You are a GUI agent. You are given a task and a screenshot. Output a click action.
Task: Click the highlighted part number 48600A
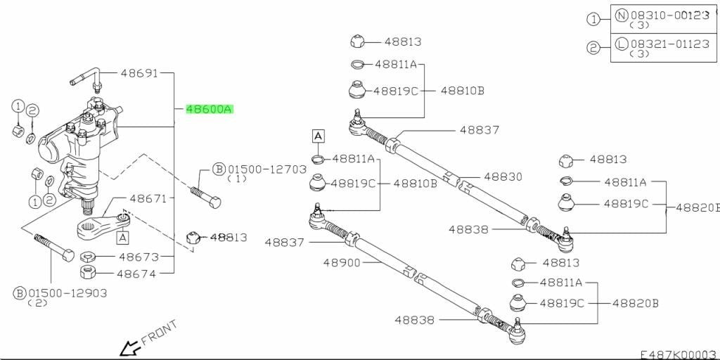click(210, 109)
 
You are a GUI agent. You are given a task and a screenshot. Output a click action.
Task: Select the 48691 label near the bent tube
click(139, 73)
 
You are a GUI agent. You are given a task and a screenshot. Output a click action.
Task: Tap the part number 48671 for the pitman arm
click(148, 199)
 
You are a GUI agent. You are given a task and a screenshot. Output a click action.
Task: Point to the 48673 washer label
click(137, 256)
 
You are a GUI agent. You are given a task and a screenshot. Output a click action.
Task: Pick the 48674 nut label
click(137, 274)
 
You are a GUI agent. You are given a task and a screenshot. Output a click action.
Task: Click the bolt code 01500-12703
click(266, 169)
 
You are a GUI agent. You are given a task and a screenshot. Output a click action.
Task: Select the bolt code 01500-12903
click(67, 293)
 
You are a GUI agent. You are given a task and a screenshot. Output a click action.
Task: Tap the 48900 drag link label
click(342, 263)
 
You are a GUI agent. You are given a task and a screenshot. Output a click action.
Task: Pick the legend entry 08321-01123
click(670, 44)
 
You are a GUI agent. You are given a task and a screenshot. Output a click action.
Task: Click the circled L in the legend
click(622, 44)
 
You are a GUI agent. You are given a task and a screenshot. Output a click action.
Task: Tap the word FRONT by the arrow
click(159, 333)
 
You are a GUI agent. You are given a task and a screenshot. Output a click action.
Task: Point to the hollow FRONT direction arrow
click(129, 347)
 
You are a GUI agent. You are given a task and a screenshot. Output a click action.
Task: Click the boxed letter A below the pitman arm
click(122, 238)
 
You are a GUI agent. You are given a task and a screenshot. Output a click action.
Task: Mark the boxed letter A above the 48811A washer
click(319, 136)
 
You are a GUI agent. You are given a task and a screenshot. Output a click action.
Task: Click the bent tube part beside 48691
click(85, 79)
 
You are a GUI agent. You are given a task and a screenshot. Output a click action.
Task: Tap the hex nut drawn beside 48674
click(87, 272)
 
